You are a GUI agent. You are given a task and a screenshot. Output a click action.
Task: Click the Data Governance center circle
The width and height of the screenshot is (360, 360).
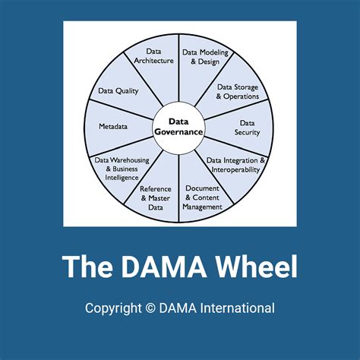point(178,126)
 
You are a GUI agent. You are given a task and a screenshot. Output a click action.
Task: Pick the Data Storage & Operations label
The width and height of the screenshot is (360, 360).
point(237,92)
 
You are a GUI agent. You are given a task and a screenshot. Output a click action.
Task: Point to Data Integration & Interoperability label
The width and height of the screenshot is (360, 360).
point(236,165)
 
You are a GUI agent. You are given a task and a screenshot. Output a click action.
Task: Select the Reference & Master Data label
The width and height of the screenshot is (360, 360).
point(156,197)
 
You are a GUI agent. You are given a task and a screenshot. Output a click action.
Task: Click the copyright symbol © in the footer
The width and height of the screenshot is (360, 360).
point(150,308)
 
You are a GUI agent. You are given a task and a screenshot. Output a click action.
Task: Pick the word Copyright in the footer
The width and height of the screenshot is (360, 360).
point(113,308)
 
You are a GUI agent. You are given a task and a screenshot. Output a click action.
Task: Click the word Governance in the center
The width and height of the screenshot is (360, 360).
point(178,131)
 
